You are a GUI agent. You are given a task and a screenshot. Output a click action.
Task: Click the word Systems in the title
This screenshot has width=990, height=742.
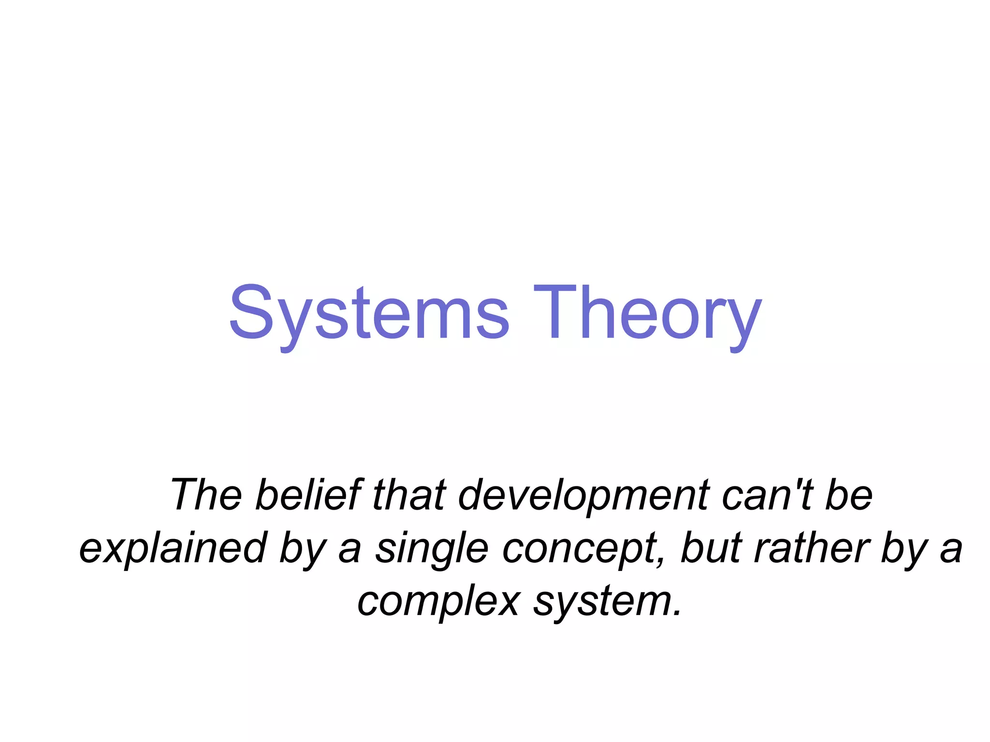(x=369, y=313)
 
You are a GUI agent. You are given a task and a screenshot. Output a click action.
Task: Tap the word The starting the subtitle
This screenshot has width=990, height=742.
(x=206, y=495)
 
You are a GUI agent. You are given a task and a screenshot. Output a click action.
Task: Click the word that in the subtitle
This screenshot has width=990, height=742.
(x=409, y=495)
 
